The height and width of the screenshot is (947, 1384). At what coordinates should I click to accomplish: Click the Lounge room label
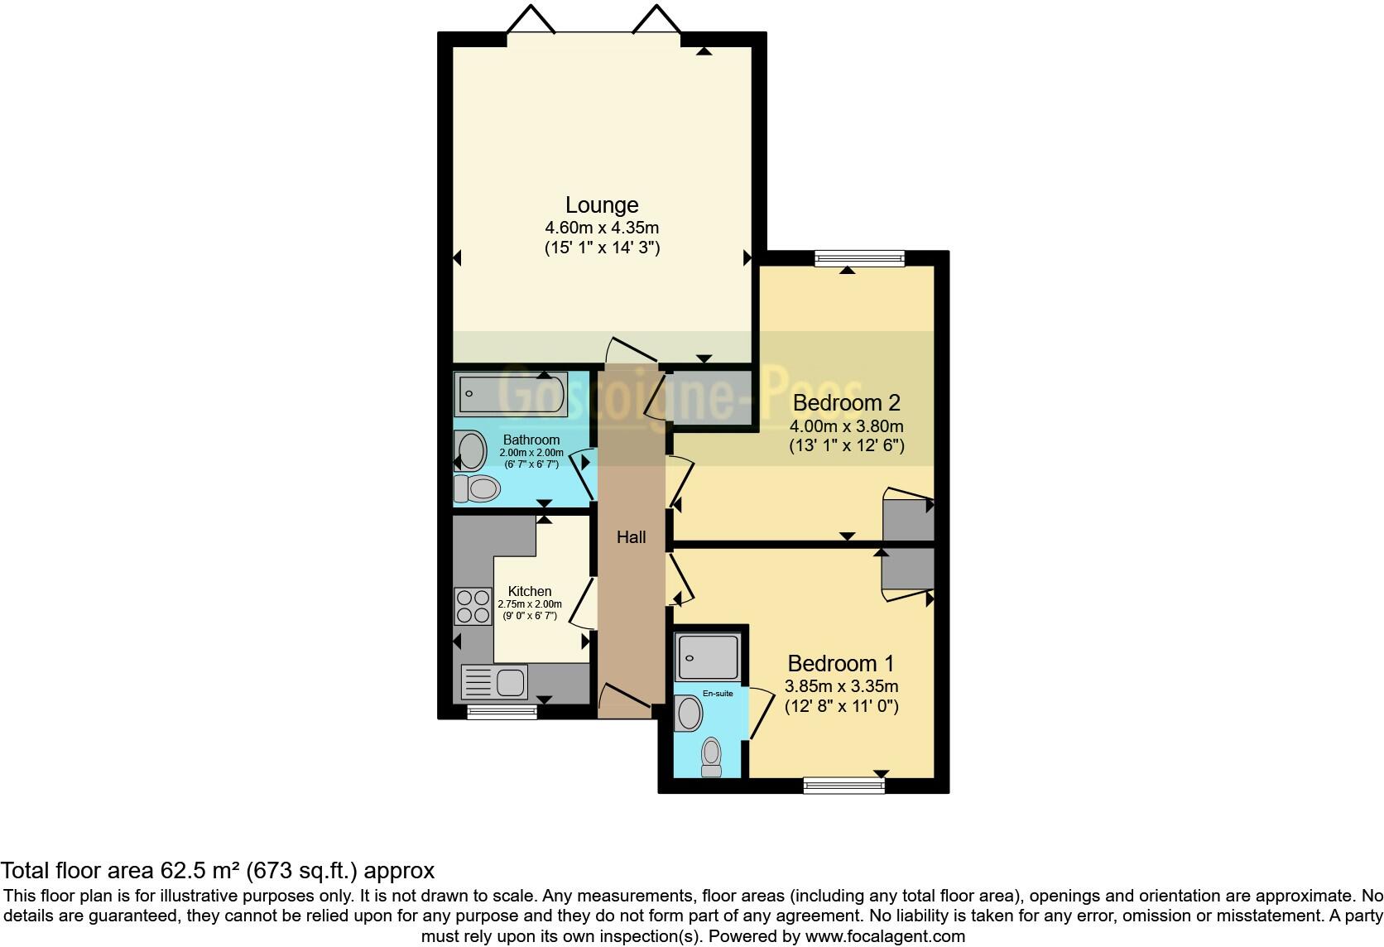[x=602, y=204]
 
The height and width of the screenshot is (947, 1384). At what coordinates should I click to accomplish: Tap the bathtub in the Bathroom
[x=510, y=394]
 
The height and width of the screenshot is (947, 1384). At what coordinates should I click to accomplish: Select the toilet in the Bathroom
[x=477, y=488]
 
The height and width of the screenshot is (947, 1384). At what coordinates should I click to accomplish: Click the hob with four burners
[x=473, y=606]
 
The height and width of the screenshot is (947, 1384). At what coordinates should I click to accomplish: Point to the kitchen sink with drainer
[x=494, y=683]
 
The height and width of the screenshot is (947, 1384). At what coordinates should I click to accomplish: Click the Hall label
[x=631, y=537]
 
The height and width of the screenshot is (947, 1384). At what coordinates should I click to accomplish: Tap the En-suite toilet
[x=711, y=757]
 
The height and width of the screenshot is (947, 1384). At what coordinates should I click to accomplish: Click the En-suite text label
[x=718, y=694]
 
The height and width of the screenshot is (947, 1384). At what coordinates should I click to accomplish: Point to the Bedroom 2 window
[x=859, y=259]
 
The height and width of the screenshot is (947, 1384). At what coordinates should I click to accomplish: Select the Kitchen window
[x=502, y=712]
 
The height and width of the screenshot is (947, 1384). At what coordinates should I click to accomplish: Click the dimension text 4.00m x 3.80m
[x=846, y=427]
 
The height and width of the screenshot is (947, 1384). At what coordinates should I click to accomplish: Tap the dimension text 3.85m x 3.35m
[x=841, y=686]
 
